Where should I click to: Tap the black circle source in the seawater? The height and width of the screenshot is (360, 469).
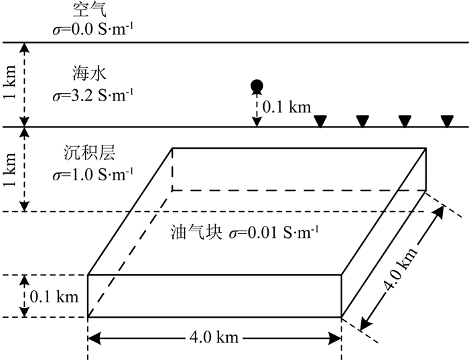(255, 85)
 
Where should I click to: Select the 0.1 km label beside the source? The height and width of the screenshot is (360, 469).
(287, 107)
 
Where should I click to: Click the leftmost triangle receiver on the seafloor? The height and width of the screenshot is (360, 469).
(320, 121)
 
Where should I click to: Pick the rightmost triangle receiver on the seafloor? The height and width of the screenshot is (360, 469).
(447, 121)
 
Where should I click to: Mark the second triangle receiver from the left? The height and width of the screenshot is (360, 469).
(362, 121)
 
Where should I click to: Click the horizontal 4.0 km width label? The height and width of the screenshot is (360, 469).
(215, 337)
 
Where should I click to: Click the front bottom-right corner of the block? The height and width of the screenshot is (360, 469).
(342, 316)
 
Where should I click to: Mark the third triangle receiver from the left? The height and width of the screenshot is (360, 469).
(405, 121)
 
